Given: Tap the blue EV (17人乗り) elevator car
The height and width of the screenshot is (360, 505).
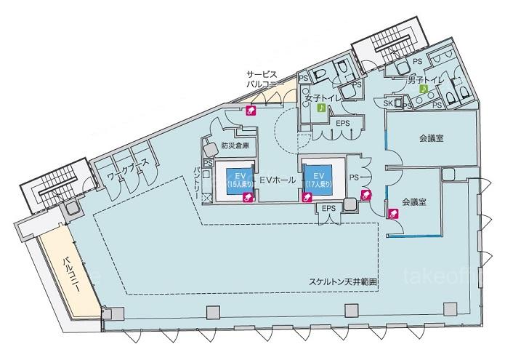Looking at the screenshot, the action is (x=318, y=180).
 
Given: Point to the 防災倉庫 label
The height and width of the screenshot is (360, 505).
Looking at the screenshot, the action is (x=235, y=145).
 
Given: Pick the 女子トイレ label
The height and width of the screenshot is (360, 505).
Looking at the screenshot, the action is (x=323, y=98).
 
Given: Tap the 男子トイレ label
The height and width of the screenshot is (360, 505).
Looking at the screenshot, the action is (x=425, y=80).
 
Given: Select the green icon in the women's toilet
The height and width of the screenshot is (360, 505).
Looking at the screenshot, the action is (x=321, y=108).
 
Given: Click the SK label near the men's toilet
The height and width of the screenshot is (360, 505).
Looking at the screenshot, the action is (x=388, y=103).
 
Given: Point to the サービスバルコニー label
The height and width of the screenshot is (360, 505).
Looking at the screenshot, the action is (x=261, y=79).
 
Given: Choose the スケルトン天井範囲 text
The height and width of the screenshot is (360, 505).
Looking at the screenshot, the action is (x=343, y=282).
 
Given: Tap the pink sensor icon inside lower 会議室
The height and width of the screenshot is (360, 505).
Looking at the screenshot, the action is (x=394, y=213).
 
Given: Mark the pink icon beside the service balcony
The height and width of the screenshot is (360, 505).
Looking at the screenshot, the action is (x=251, y=111).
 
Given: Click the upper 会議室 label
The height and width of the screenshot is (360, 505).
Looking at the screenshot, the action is (x=431, y=138).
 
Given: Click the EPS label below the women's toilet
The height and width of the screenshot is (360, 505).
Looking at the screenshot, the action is (x=343, y=123).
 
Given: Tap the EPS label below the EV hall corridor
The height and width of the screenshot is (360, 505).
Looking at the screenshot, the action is (x=328, y=209).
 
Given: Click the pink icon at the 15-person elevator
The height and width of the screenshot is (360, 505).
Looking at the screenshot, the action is (x=247, y=197).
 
